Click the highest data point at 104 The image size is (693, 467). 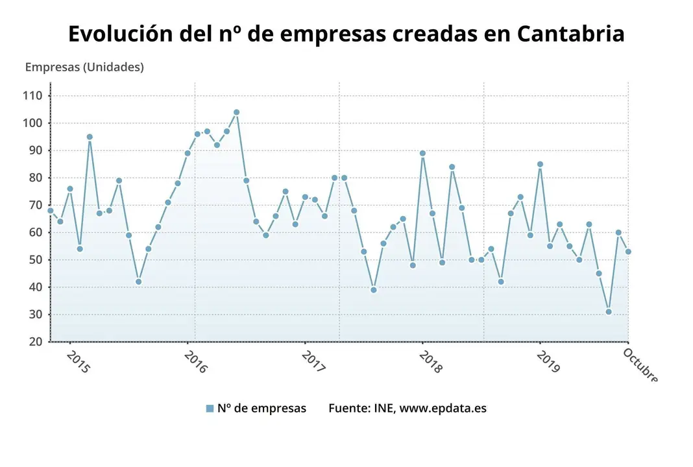tap(236, 112)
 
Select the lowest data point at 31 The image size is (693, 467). tap(609, 312)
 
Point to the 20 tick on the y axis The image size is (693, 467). tap(35, 342)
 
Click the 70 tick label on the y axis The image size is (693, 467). tap(35, 205)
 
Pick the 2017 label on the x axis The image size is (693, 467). tap(314, 362)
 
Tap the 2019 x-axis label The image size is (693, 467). tap(548, 362)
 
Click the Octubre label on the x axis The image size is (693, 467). tap(640, 365)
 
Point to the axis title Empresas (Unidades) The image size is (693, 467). tap(84, 67)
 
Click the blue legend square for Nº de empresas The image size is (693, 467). tap(210, 409)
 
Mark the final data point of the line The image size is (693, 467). tap(628, 252)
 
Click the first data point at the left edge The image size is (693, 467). tap(51, 210)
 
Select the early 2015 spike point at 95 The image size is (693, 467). tap(90, 137)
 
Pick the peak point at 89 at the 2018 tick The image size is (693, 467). tap(422, 154)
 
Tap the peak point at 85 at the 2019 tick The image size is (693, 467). tap(540, 164)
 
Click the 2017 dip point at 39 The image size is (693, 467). tap(374, 290)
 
